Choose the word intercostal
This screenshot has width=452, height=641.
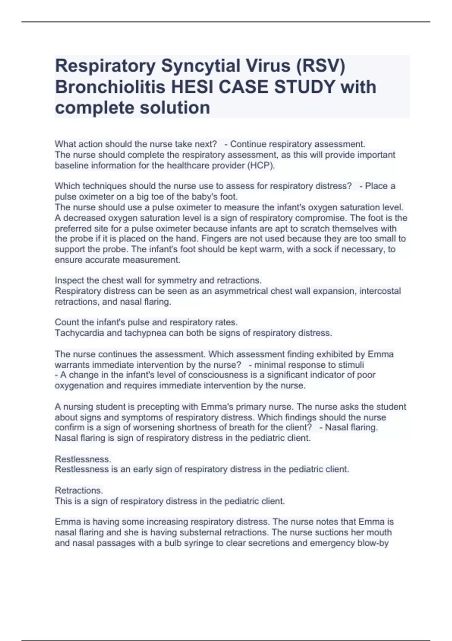coord(380,291)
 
